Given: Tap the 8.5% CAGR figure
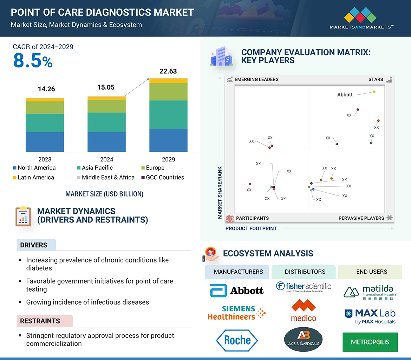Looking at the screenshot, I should [x=33, y=61].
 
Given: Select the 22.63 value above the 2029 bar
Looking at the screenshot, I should [x=168, y=71].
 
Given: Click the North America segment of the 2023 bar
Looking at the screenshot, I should [x=45, y=142].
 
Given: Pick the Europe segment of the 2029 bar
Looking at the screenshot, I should [x=168, y=92].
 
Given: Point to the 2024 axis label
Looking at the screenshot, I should [x=106, y=159].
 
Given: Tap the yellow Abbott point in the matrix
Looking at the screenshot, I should [x=374, y=92].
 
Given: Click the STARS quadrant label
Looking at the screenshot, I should [x=376, y=79].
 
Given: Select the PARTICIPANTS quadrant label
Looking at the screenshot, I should [x=252, y=218].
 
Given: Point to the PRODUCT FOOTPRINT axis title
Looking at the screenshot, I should [x=251, y=228].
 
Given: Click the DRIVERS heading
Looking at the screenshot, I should [x=34, y=245].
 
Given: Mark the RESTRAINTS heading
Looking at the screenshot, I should [x=40, y=321].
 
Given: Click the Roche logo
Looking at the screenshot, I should [x=237, y=340].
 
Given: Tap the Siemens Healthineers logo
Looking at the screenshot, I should [x=236, y=313].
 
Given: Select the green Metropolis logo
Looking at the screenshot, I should [x=370, y=342].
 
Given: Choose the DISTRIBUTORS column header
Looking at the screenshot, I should [x=305, y=272].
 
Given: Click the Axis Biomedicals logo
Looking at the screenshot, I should [x=303, y=340].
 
